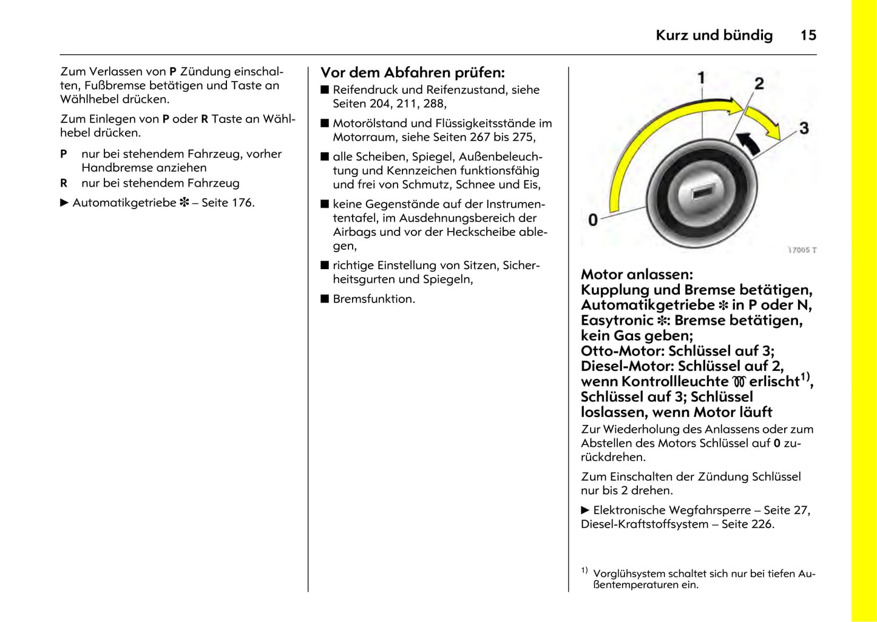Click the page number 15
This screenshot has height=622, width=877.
[x=808, y=35]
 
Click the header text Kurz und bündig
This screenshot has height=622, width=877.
[x=714, y=35]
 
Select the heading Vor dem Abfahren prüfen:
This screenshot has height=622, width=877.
[x=412, y=73]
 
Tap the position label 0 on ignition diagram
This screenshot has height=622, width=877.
[x=593, y=220]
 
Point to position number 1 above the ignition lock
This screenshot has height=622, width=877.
[x=701, y=78]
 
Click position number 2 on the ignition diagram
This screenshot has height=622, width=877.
[x=759, y=84]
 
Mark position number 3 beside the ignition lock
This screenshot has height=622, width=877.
[x=804, y=128]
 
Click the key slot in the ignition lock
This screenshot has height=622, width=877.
[x=701, y=193]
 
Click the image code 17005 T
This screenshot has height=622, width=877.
[x=802, y=250]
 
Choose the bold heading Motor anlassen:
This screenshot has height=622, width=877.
[x=636, y=275]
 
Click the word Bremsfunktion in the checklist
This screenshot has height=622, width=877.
[x=373, y=299]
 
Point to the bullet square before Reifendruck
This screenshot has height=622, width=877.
[x=325, y=90]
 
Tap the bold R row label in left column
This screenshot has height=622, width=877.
[x=64, y=183]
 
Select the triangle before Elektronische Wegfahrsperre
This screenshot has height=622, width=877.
[x=585, y=510]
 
